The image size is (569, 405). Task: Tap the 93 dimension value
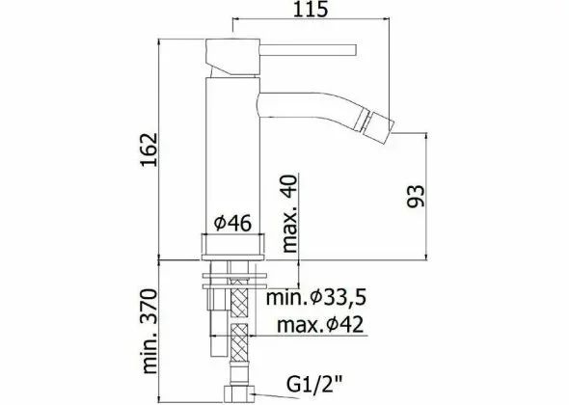pos(414,197)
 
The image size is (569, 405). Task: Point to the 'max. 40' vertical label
pos(289,215)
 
